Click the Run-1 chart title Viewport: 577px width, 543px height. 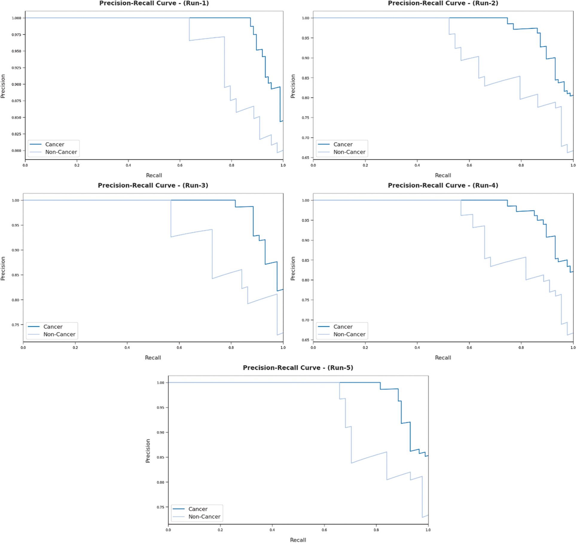pos(154,3)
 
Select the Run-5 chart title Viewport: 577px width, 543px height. pos(298,367)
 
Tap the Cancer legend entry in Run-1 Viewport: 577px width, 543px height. pos(54,144)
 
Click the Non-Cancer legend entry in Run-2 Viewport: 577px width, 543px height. pos(349,152)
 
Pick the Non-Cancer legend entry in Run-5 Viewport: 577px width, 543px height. pos(204,516)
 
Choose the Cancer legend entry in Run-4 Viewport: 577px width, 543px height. pos(343,327)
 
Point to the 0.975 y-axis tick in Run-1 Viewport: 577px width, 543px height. pos(16,35)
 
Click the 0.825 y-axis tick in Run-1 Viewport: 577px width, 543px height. pos(16,134)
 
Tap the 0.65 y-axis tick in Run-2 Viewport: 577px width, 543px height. pos(306,158)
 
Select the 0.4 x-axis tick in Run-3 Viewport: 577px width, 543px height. pos(127,347)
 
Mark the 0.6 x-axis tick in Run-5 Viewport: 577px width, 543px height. pos(324,530)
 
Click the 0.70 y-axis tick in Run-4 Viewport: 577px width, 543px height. pos(306,320)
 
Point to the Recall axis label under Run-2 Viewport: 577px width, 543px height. pos(443,175)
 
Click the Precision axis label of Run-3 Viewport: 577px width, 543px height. pos(3,268)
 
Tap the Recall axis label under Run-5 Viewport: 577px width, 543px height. pos(298,540)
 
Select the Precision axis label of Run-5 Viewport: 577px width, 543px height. pos(148,451)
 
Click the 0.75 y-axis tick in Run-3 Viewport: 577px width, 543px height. pos(16,325)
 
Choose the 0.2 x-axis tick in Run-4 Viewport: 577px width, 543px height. pos(365,347)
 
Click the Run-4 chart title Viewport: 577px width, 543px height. pos(443,185)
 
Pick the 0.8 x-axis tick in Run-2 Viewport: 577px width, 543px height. pos(521,165)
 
